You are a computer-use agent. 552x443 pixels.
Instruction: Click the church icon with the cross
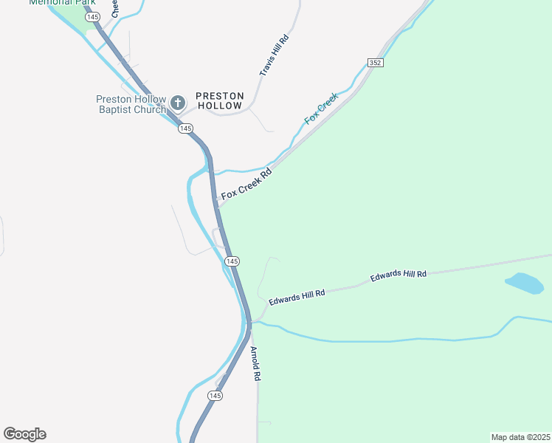click(x=177, y=103)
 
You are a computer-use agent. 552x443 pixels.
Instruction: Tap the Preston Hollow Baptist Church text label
click(x=131, y=105)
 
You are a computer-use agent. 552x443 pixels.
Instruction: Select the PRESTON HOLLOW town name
click(x=219, y=100)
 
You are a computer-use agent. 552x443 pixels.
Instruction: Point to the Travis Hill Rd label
click(x=272, y=55)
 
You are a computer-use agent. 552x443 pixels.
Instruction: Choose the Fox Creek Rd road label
click(x=246, y=185)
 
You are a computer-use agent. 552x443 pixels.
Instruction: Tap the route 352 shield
click(x=375, y=63)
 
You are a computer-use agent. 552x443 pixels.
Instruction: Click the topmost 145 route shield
click(x=92, y=16)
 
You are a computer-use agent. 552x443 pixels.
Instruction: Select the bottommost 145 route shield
click(x=215, y=396)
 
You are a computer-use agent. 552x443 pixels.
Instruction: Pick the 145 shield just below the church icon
click(x=185, y=128)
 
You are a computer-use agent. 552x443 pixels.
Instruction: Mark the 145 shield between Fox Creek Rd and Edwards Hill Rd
click(x=232, y=261)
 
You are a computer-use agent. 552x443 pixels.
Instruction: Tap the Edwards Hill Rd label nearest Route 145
click(x=297, y=297)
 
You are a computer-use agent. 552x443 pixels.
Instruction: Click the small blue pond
click(x=524, y=283)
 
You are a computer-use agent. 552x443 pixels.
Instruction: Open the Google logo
click(x=24, y=434)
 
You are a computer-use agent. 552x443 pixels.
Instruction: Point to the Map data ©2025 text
click(x=520, y=436)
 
